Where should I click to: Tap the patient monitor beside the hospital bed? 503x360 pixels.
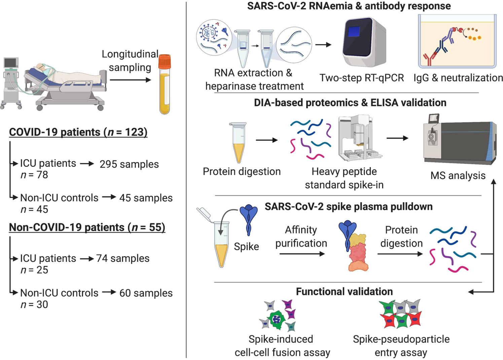pos(11,63)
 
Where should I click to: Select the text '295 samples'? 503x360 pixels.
pos(129,164)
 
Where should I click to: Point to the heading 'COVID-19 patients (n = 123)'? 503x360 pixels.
pos(78,132)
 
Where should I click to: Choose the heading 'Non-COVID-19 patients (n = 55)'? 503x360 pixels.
pos(87,227)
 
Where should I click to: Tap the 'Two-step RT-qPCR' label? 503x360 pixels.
pos(362,78)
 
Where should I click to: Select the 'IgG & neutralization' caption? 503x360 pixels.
pos(458,78)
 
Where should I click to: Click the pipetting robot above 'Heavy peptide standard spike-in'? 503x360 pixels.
pos(359,138)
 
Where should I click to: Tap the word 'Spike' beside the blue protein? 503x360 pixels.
pos(246,247)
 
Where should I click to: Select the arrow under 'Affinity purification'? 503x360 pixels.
pos(301,254)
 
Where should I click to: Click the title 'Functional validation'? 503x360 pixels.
pos(344,291)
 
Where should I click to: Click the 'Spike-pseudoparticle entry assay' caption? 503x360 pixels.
pos(401,346)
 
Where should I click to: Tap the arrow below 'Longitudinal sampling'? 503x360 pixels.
pos(130,80)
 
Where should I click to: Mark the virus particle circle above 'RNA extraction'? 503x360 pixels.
pos(214,37)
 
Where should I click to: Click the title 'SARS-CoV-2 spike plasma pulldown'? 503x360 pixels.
pos(349,206)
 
